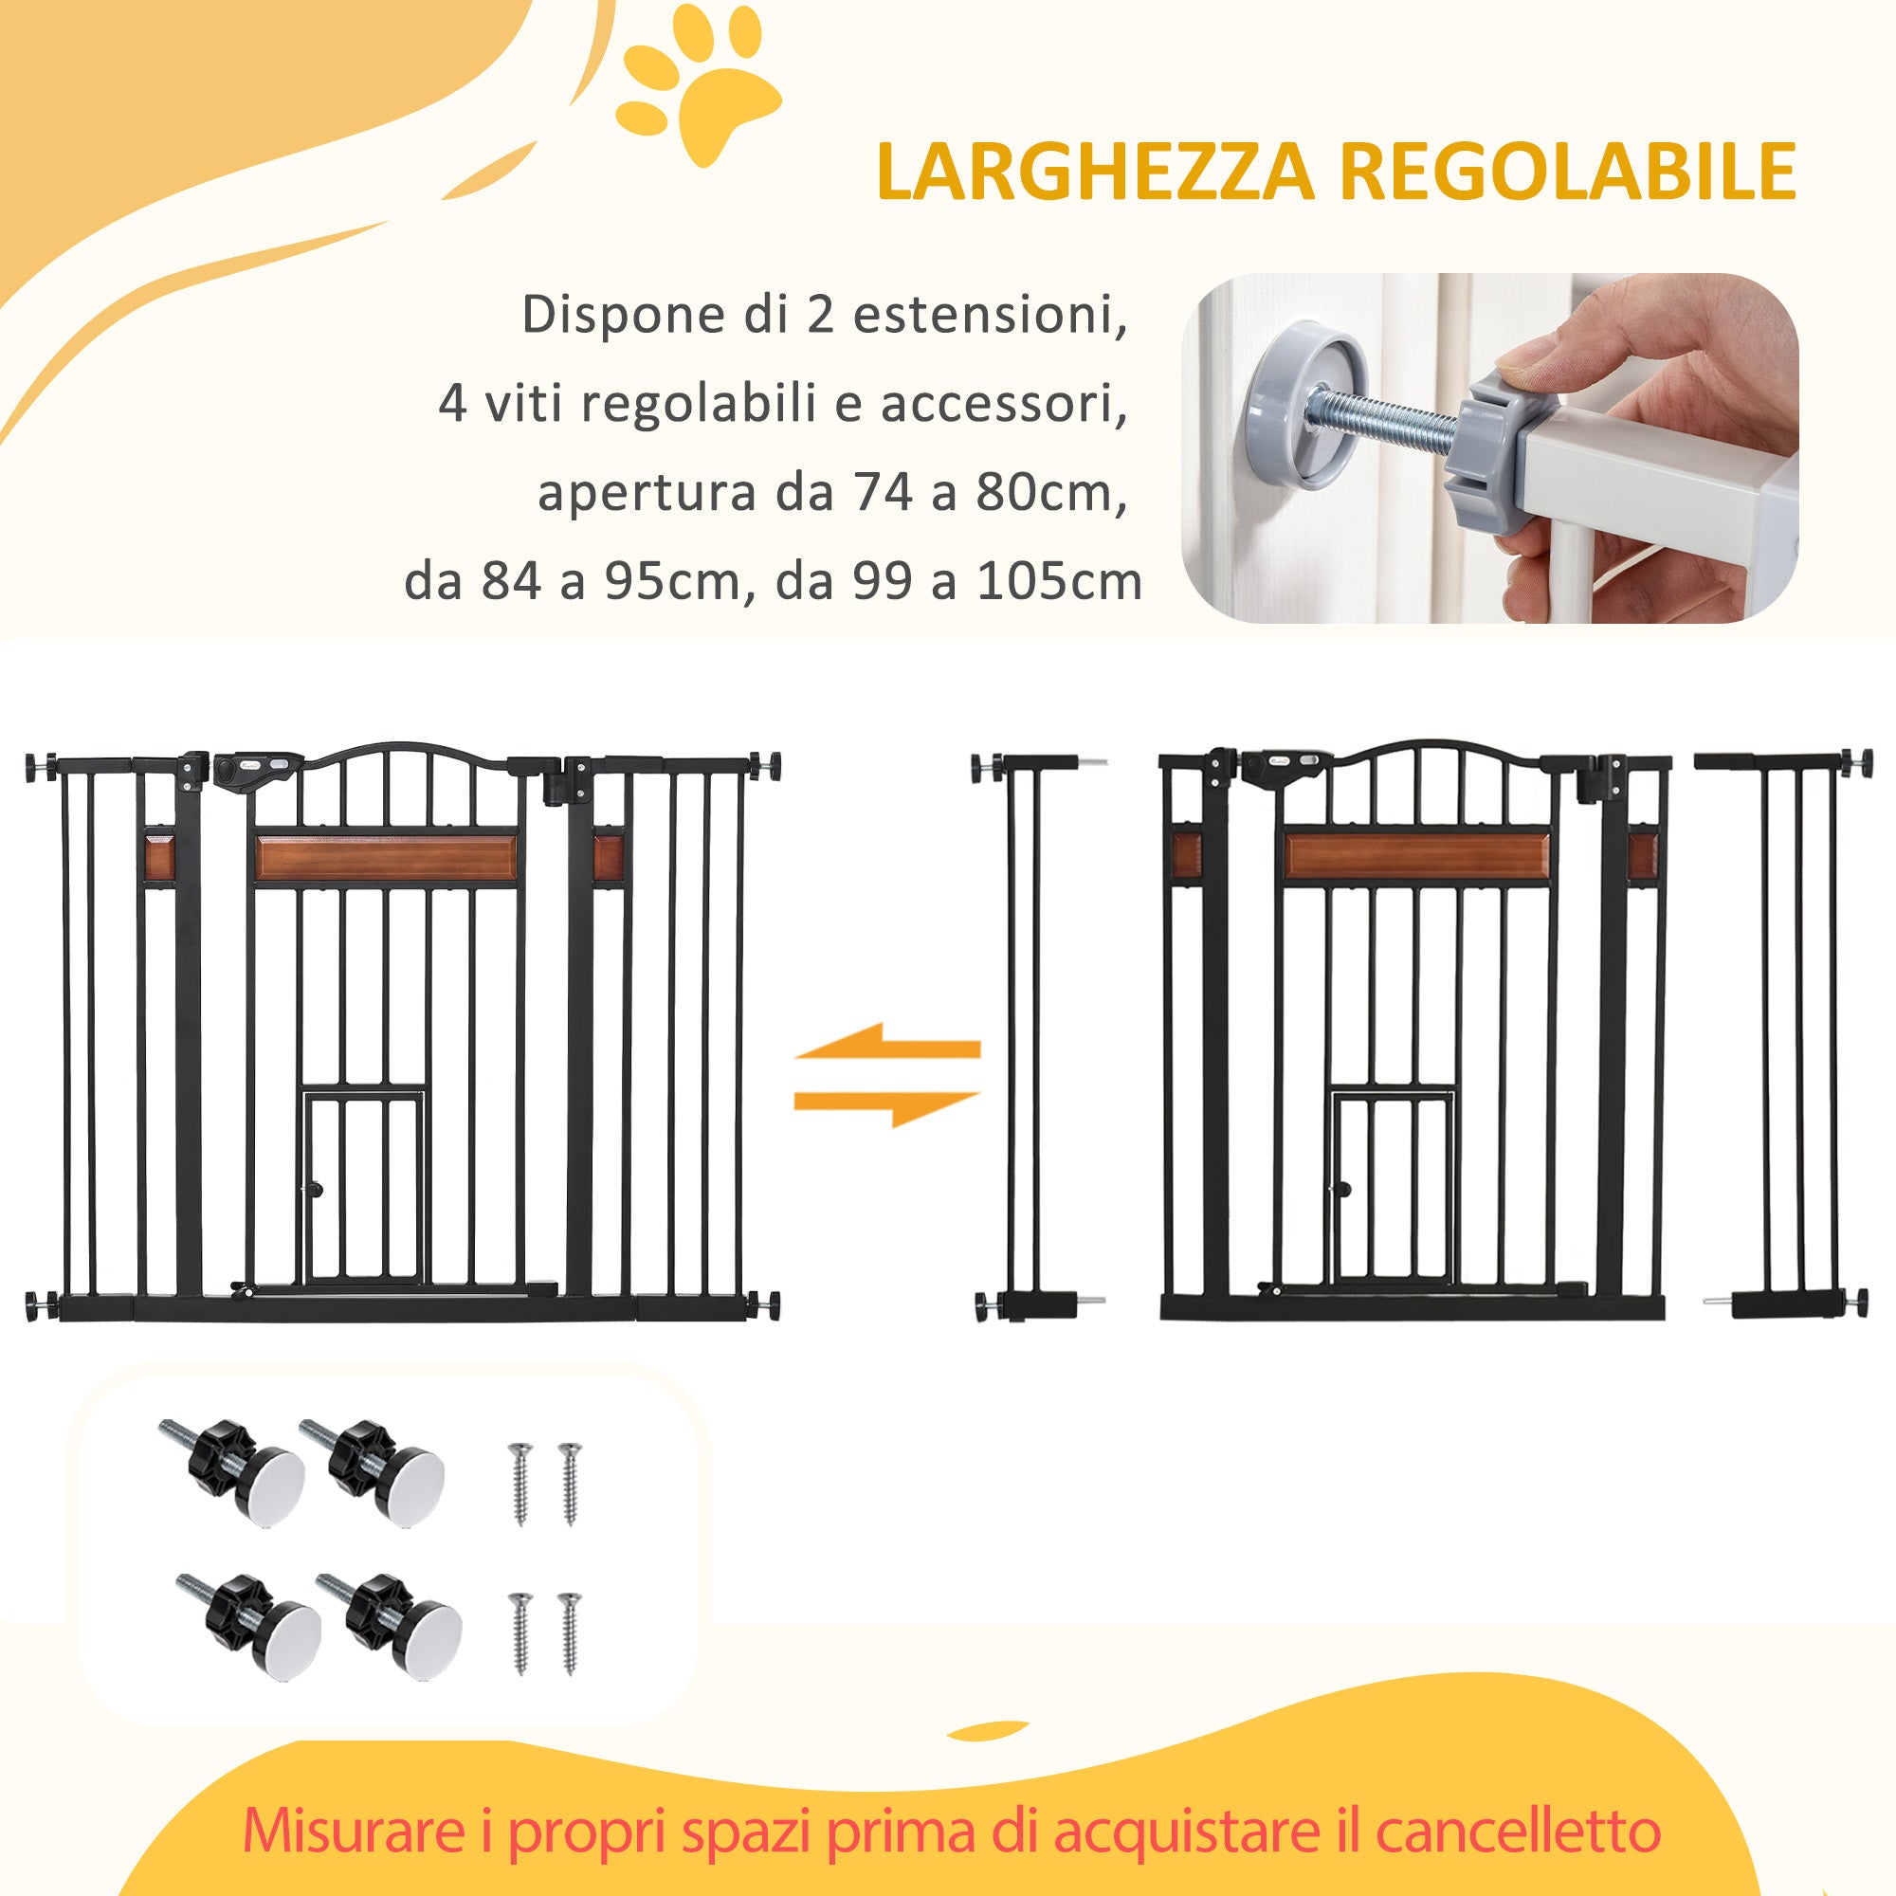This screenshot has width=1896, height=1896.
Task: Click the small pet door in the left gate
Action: click(363, 1187)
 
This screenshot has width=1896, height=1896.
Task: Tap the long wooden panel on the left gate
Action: click(386, 859)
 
